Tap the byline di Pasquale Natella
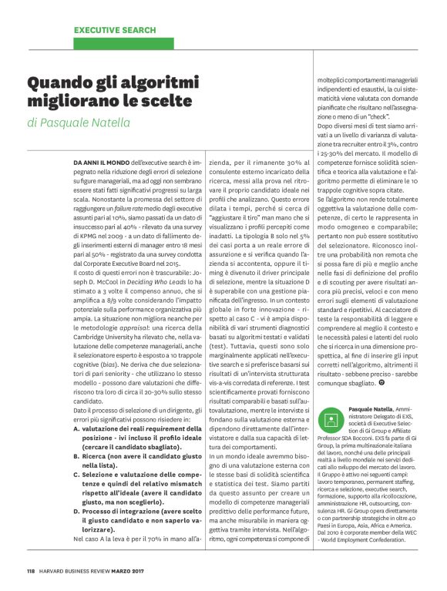(x=80, y=123)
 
